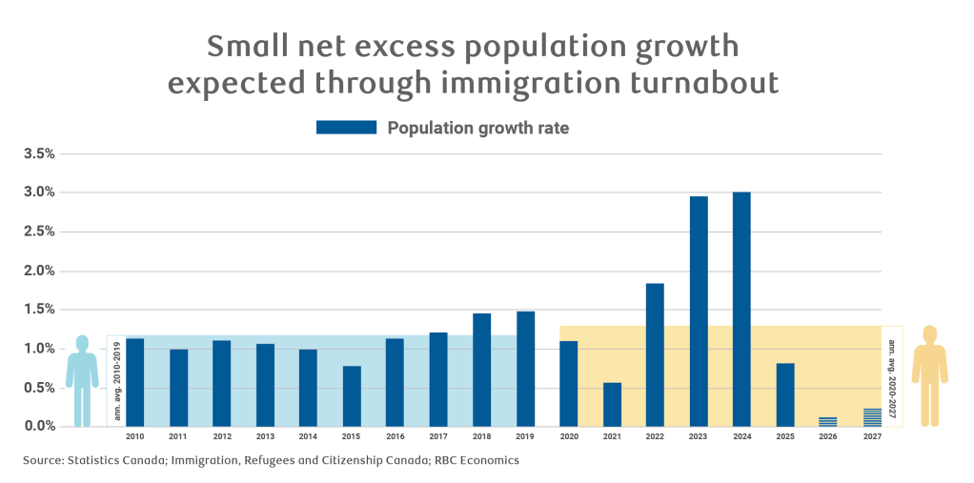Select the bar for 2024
pos(741,309)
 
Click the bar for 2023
pos(699,312)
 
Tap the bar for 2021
pos(612,404)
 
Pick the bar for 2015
pos(352,395)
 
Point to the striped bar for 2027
pos(872,417)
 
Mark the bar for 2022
pos(655,354)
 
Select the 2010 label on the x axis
pos(135,436)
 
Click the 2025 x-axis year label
pos(785,436)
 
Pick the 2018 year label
pos(482,436)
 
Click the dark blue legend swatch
pos(346,128)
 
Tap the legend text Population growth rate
pos(477,128)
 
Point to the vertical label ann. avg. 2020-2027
pos(892,377)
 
